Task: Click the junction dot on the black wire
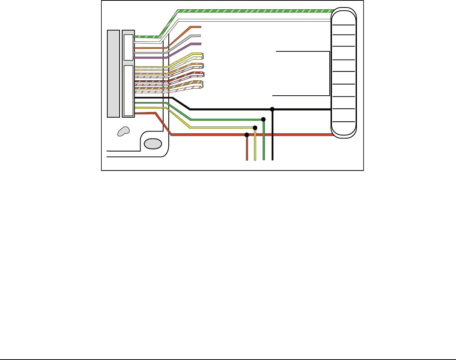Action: [x=272, y=109]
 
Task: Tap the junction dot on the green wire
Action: [x=263, y=119]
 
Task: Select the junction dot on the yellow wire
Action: [x=255, y=128]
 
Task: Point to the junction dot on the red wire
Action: [x=247, y=134]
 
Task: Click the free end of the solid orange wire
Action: [x=200, y=27]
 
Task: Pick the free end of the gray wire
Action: [x=200, y=35]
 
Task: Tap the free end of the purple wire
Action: [x=200, y=44]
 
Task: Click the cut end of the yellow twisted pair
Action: [x=202, y=55]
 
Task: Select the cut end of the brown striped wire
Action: [x=202, y=83]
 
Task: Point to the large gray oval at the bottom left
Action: [x=153, y=143]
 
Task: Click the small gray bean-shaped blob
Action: [x=123, y=131]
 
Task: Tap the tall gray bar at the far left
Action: [x=113, y=73]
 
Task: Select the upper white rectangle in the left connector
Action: [x=128, y=47]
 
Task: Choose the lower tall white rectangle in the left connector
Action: [x=129, y=90]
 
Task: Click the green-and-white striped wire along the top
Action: [x=253, y=10]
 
